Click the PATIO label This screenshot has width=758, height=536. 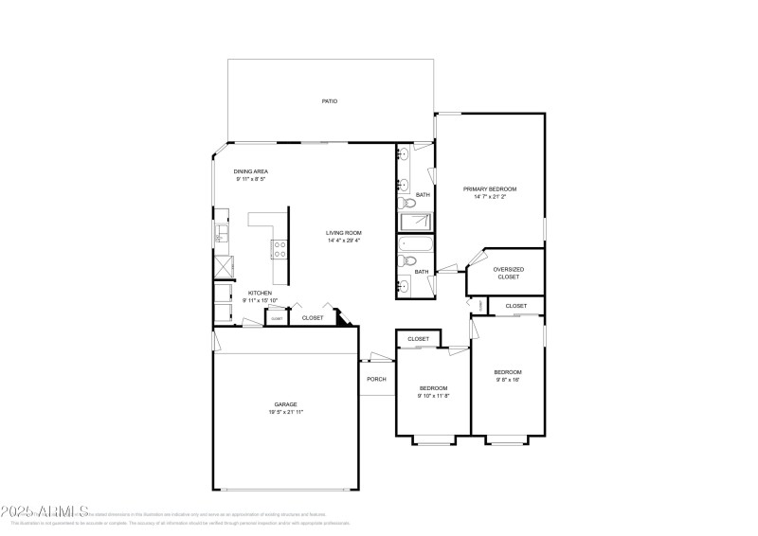329,100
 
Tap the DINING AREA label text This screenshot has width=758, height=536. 251,171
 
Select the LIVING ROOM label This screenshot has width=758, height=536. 344,233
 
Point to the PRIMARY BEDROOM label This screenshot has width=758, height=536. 490,189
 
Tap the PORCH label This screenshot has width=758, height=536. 376,379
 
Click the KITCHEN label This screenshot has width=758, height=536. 260,294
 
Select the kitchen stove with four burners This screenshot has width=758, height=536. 280,250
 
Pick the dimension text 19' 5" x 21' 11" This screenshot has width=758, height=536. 285,412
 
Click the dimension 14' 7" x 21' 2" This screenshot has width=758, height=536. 490,197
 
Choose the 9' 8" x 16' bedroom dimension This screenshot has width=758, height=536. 507,380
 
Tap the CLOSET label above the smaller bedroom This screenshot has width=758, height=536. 418,339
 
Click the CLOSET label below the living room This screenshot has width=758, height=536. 312,318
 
